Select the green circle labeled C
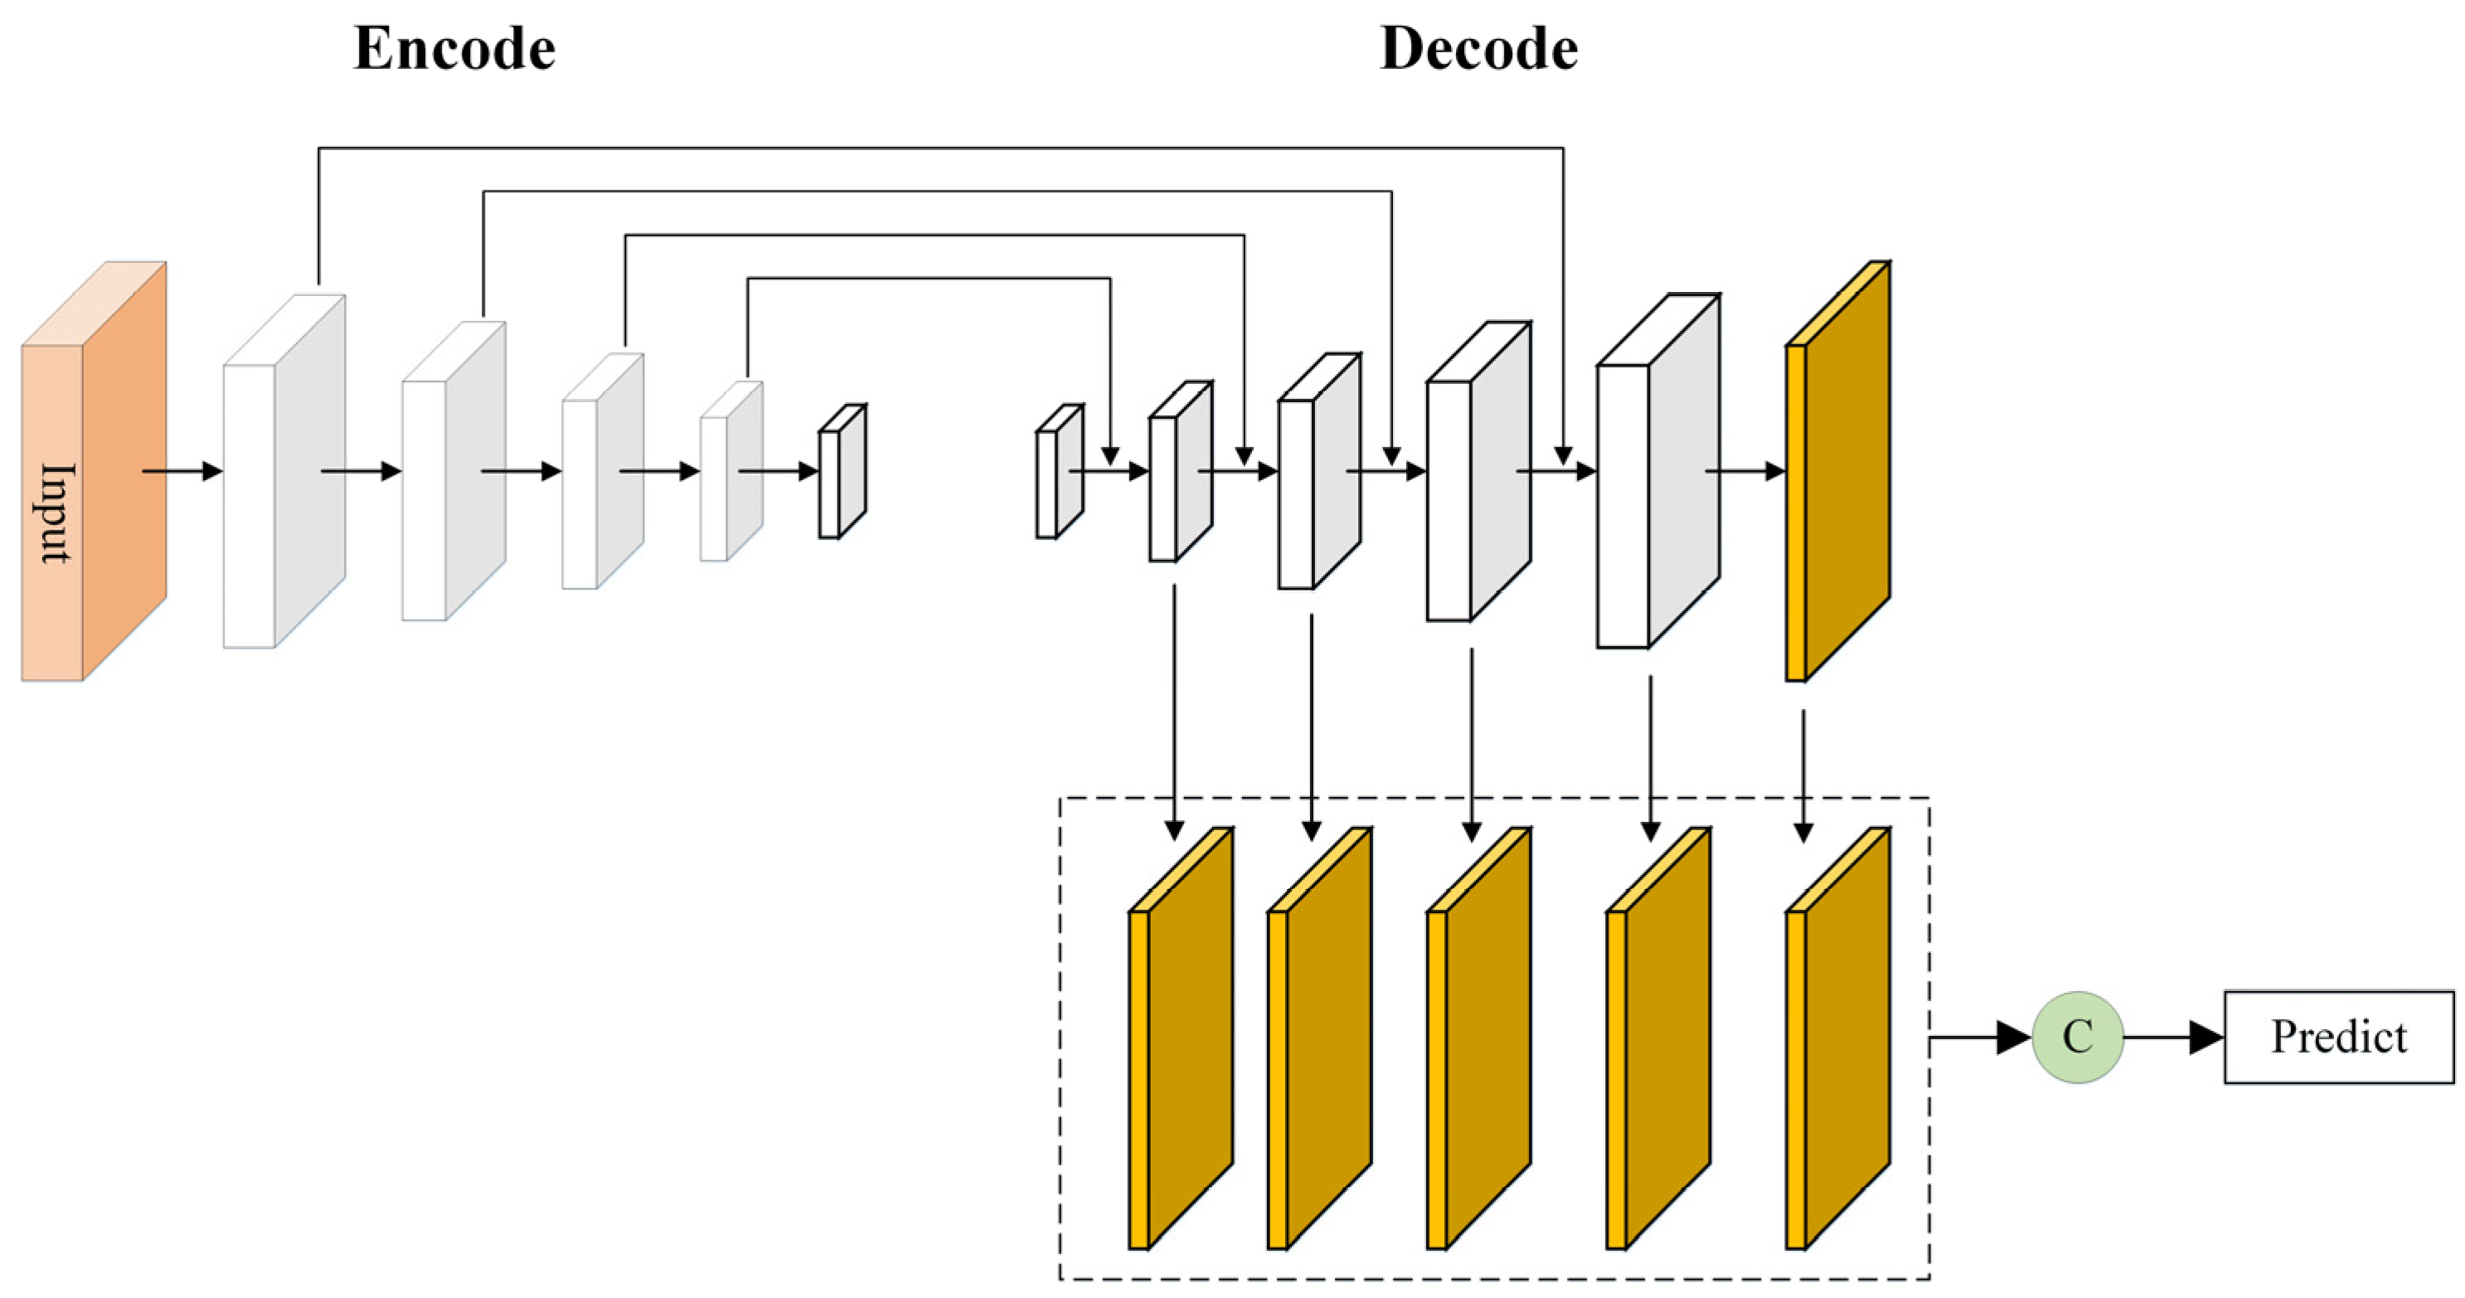coord(2078,1037)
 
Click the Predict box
coord(2338,1037)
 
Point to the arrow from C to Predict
coord(2172,1037)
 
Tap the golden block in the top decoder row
coord(1837,472)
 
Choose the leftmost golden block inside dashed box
coord(1180,1038)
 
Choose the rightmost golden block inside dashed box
coord(1837,1038)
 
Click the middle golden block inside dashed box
coord(1478,1038)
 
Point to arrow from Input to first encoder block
coord(182,471)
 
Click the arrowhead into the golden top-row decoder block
coord(1775,471)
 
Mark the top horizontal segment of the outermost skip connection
coord(938,148)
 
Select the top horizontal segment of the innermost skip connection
coord(928,279)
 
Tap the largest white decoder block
coord(1657,472)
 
